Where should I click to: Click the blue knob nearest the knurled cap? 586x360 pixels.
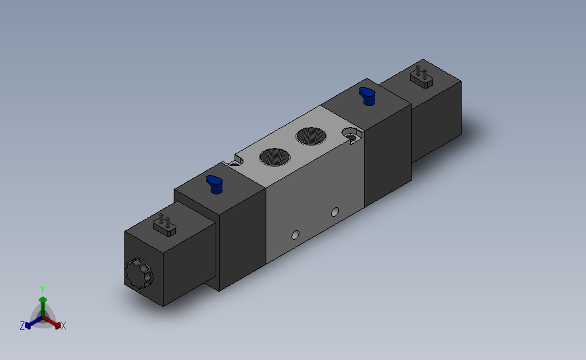(215, 184)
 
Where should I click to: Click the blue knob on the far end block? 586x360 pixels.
(368, 97)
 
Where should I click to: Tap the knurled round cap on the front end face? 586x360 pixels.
(139, 274)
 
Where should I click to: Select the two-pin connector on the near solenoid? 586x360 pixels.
(164, 226)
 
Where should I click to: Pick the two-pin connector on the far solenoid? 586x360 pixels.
(421, 77)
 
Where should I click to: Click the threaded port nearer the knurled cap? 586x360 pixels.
(274, 157)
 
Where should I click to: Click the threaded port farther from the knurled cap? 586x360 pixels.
(311, 136)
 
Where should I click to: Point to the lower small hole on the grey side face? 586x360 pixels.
(295, 235)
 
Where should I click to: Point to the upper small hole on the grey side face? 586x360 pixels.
(335, 212)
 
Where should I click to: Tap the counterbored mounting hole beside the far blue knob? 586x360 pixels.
(351, 135)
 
